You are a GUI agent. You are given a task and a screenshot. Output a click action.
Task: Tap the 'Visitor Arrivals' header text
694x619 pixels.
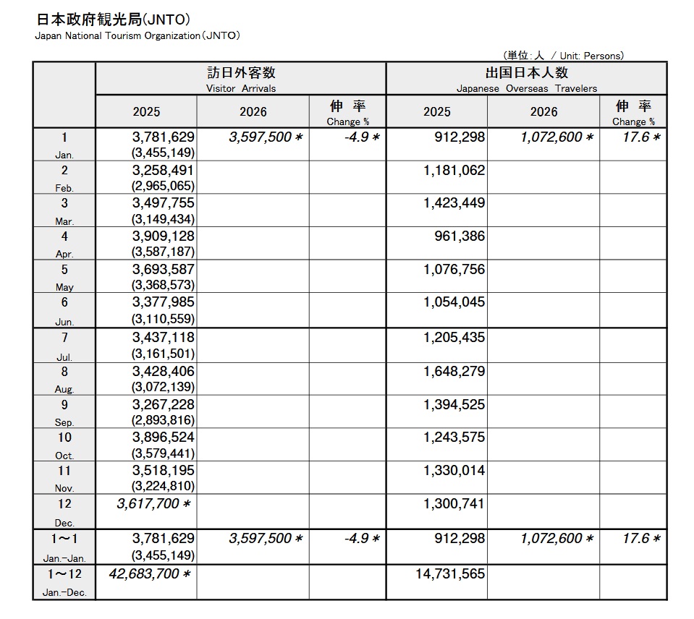(x=241, y=88)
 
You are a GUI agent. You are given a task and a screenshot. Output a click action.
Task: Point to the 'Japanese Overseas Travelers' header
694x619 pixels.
(x=526, y=88)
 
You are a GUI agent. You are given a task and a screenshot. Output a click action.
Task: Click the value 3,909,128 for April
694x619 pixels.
(x=163, y=236)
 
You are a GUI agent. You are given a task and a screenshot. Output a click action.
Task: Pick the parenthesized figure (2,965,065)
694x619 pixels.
(x=163, y=186)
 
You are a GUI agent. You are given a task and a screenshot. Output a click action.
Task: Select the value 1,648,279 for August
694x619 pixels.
(x=454, y=372)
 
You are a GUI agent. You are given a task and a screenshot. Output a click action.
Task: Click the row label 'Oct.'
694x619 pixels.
(x=64, y=456)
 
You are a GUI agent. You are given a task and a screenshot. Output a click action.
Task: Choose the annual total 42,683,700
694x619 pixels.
(x=150, y=574)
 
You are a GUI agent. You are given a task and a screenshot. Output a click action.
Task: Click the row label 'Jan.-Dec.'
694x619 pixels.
(x=64, y=592)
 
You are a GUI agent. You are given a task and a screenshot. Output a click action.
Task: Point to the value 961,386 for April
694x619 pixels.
(x=460, y=236)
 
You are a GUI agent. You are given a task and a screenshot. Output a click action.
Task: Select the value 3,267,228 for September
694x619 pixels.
(x=163, y=405)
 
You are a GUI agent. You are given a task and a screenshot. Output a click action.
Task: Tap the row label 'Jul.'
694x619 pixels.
(x=64, y=357)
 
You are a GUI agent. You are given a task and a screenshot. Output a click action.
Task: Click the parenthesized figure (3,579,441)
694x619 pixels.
(x=163, y=453)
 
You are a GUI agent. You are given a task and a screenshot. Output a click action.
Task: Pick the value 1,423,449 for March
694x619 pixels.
(x=454, y=203)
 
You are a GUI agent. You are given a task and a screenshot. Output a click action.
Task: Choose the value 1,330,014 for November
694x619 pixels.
(x=454, y=471)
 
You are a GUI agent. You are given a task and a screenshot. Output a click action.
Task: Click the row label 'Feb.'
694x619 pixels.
(x=64, y=188)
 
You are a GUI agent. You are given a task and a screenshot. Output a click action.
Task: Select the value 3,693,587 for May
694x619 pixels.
(x=163, y=270)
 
